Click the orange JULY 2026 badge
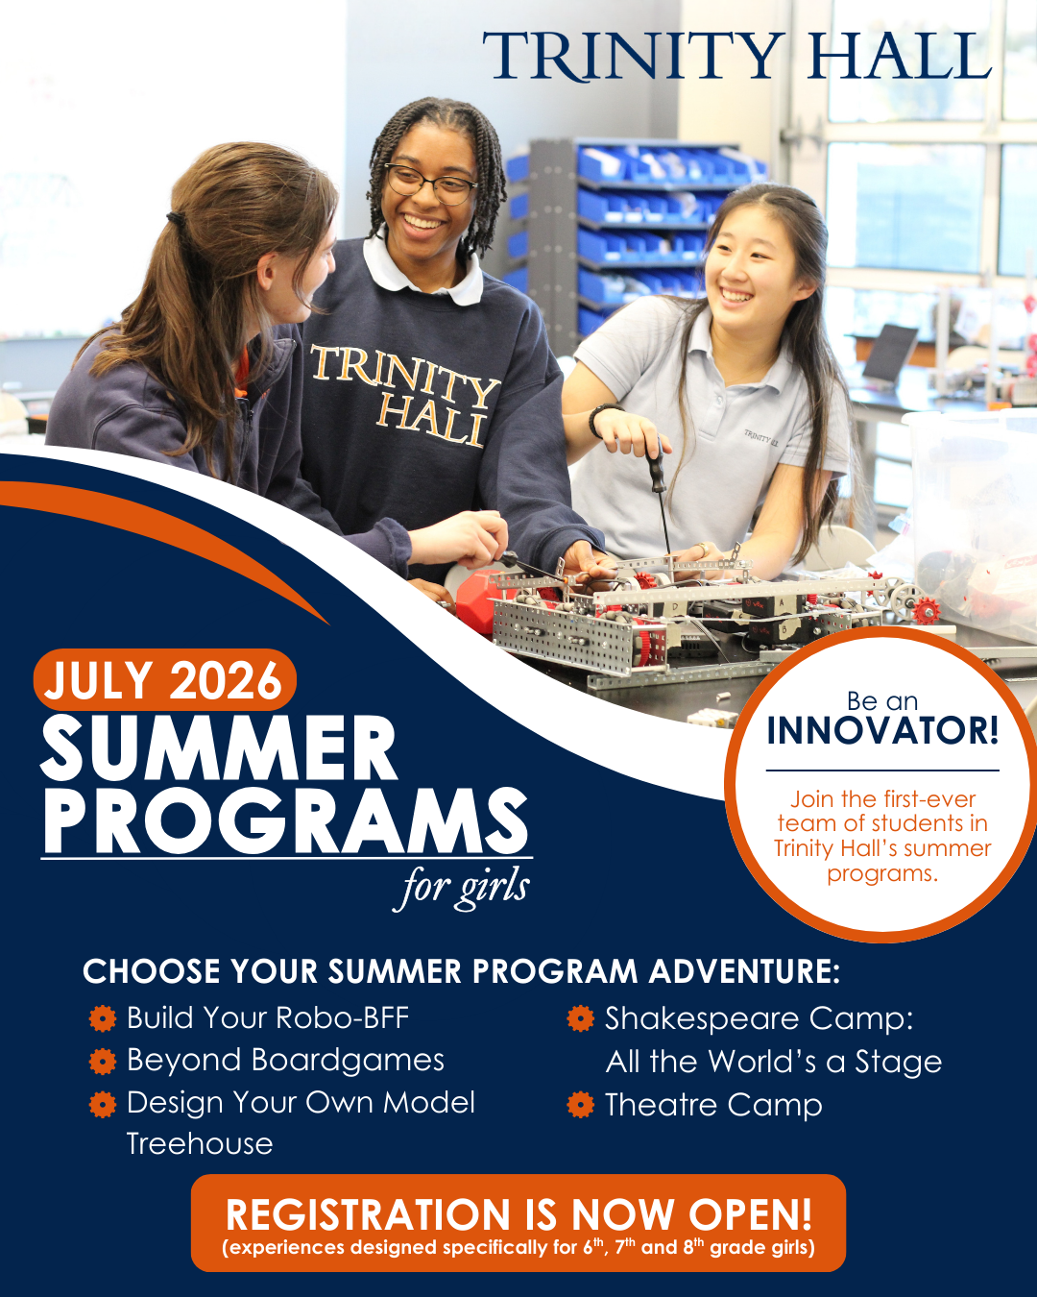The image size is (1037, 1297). pos(164,680)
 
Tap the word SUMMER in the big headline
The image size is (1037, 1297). pos(218,748)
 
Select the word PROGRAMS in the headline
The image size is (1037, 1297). pos(285,820)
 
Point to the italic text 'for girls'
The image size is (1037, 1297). pos(462,889)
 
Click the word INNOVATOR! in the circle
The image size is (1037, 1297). pos(882,730)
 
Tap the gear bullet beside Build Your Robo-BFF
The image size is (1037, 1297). pos(103,1018)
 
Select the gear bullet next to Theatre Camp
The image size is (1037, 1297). pos(581,1105)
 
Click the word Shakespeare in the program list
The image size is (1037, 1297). pos(701,1019)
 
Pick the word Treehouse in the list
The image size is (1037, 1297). pos(200,1143)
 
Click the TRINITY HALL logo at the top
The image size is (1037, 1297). pos(736,56)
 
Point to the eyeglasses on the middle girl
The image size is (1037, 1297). pos(431,184)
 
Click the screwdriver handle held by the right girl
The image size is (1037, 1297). pos(655,463)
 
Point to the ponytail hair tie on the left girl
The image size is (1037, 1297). pos(177,219)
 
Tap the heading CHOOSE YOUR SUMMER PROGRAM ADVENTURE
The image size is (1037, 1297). pos(462,971)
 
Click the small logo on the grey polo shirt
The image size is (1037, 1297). pos(760,437)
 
